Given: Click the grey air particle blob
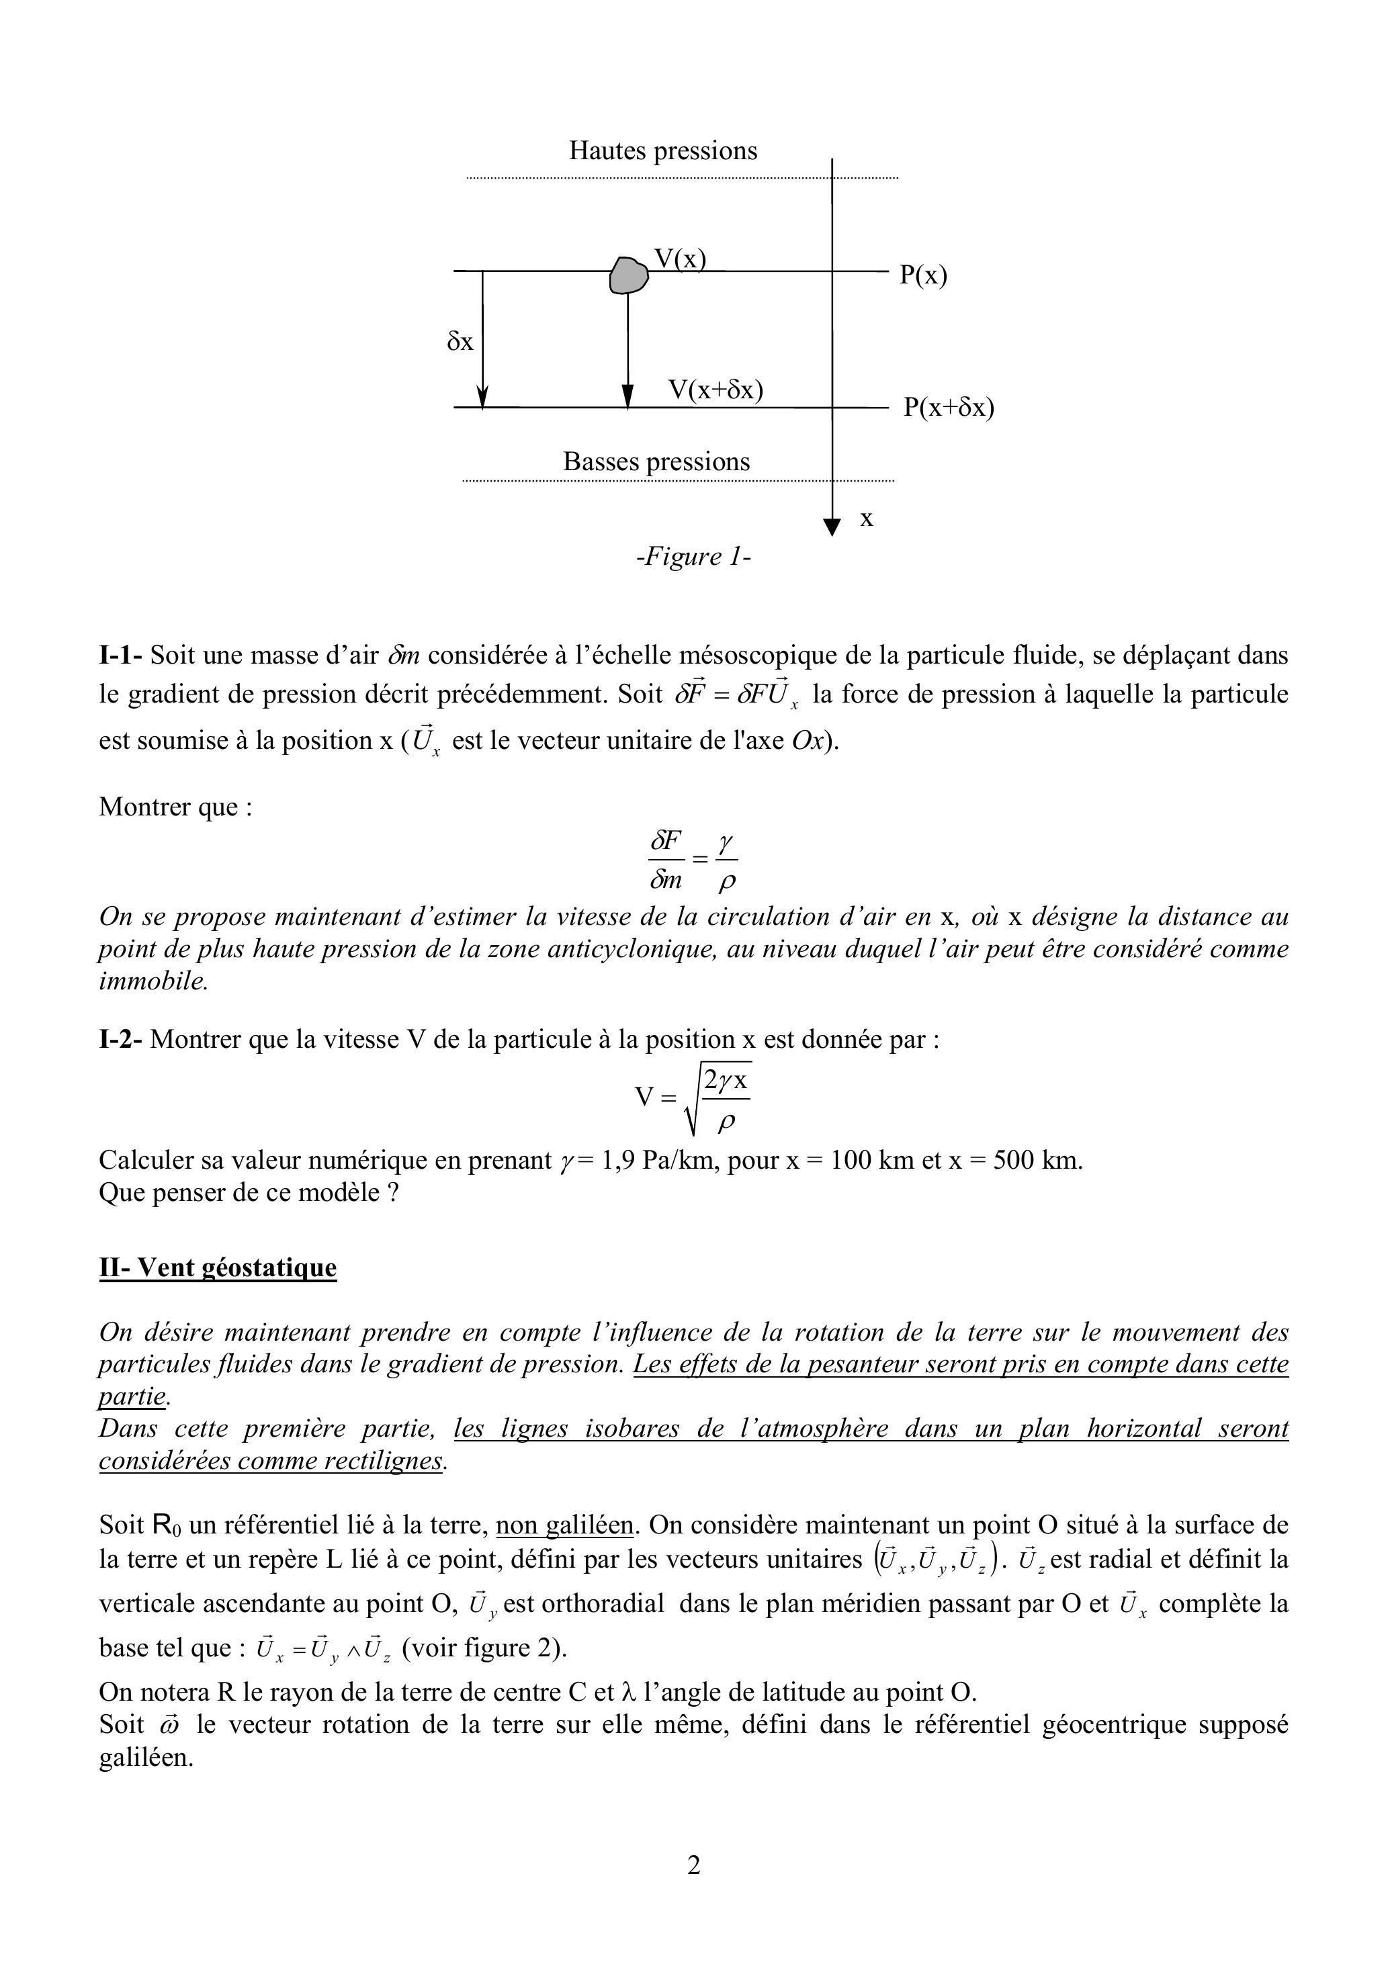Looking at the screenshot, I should (x=628, y=275).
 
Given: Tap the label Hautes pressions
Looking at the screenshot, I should (x=663, y=150).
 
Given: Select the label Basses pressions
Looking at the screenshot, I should (x=656, y=462).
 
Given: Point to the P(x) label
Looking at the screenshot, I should (x=923, y=275).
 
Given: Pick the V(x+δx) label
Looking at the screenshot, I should (x=715, y=390).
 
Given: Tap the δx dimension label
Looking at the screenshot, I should (x=460, y=342).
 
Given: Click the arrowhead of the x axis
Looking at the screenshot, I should (x=831, y=527).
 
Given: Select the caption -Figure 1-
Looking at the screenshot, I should (x=693, y=557).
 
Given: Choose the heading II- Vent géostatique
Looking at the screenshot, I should (x=218, y=1267).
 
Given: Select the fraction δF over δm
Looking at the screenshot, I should (x=666, y=860).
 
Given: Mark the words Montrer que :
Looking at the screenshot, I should (x=175, y=807).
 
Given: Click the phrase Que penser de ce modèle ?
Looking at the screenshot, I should (x=249, y=1192).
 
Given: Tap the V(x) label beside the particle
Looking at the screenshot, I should (x=679, y=259).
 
